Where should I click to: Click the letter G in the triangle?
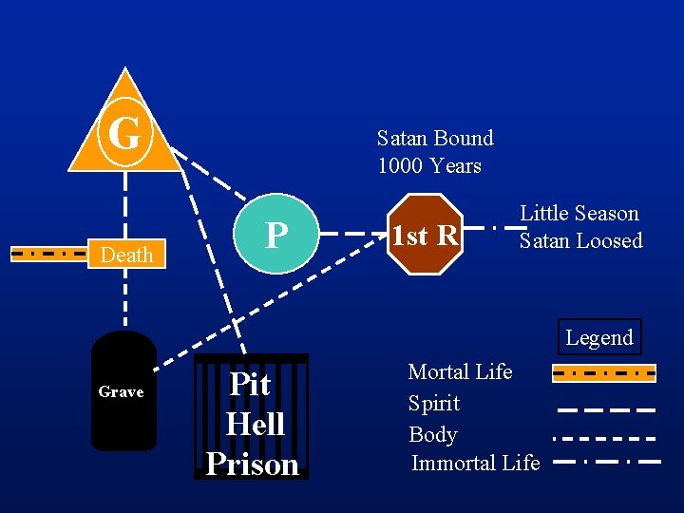point(124,134)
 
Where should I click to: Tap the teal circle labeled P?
point(275,234)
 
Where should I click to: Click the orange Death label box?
point(127,254)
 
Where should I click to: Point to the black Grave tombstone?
point(123,390)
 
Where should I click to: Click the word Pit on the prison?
point(251,384)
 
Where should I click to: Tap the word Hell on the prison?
point(255,424)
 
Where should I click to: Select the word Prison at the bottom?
point(252,464)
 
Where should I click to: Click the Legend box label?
point(598,337)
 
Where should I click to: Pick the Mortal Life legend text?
point(460,371)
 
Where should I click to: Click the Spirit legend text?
point(434,403)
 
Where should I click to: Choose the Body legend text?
point(433,434)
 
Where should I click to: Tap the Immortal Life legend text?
point(475,463)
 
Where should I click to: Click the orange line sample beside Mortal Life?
point(604,372)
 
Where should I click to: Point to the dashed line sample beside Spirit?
point(606,409)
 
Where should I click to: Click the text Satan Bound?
point(435,138)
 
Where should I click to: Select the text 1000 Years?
point(429,165)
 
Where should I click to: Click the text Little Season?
point(579,213)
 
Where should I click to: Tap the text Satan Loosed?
point(580,240)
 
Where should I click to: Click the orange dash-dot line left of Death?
point(49,254)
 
